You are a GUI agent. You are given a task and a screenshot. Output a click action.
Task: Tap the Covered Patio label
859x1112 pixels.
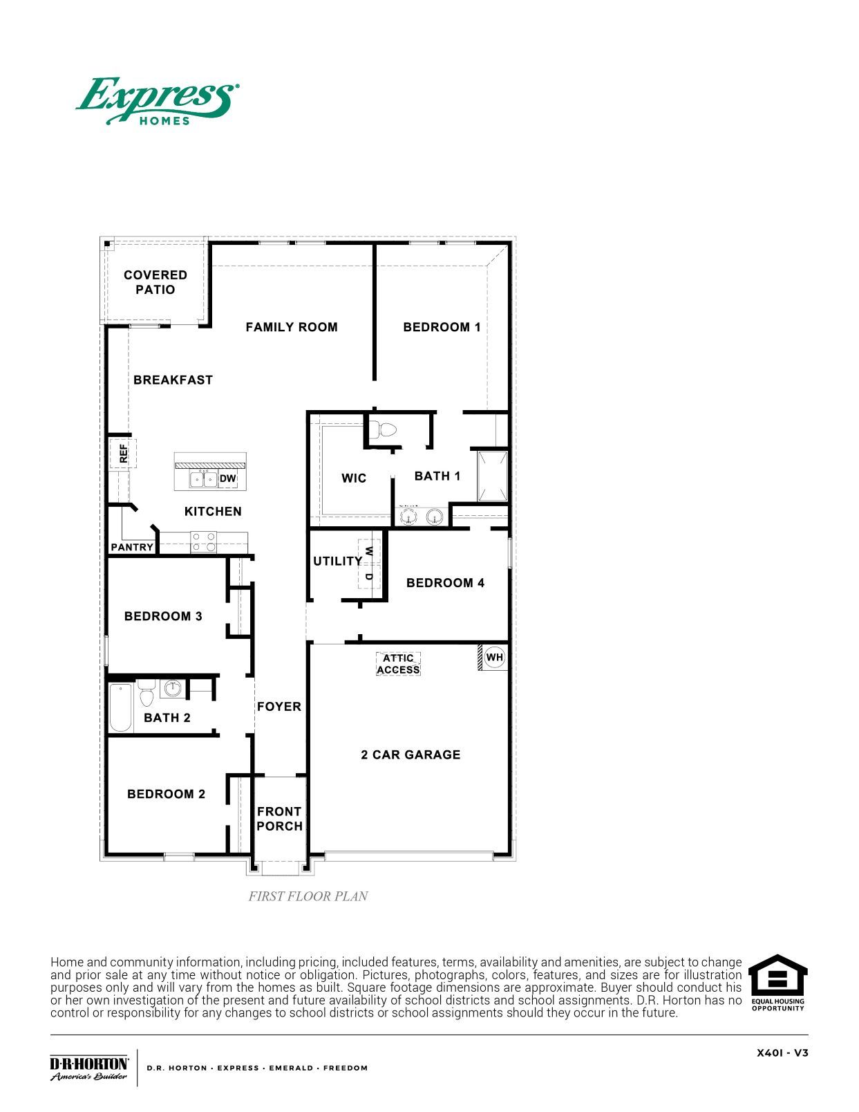[x=155, y=282]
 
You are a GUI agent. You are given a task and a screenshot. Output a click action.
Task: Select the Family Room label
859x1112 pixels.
[x=292, y=327]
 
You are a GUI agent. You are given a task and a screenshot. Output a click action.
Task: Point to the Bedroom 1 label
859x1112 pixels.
[x=442, y=327]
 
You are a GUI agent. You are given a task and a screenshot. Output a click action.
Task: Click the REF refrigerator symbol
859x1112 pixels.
[x=123, y=454]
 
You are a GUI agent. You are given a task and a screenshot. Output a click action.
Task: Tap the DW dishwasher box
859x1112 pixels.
[x=227, y=479]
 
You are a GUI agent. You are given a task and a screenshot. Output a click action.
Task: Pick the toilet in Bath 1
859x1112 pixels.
[x=382, y=430]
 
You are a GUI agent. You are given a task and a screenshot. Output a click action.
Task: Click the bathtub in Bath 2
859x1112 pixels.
[x=121, y=707]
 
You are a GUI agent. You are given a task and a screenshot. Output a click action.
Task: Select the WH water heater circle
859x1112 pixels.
[x=495, y=657]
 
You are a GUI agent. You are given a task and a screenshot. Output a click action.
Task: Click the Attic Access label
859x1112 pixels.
[x=398, y=664]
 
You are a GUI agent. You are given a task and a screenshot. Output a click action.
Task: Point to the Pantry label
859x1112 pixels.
[x=132, y=547]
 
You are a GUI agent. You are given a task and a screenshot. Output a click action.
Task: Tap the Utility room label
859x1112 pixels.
[x=337, y=561]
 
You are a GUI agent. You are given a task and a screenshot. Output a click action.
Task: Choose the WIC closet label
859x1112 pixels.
[x=354, y=478]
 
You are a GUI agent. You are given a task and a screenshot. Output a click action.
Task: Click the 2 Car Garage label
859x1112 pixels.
[x=410, y=754]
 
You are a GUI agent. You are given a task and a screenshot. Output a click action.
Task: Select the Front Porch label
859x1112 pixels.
[x=279, y=819]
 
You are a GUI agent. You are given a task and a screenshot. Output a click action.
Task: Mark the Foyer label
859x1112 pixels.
[x=279, y=706]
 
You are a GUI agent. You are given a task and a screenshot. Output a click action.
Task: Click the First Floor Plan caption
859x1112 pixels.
[x=308, y=896]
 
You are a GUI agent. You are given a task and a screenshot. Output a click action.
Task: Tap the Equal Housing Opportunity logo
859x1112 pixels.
[x=777, y=983]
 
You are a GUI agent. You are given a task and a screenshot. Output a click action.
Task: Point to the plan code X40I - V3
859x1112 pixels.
[x=782, y=1053]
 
